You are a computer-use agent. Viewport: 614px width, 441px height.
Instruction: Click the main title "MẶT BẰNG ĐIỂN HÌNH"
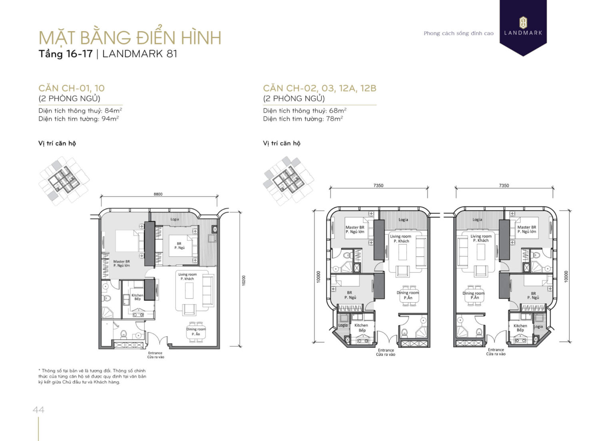[x=130, y=38]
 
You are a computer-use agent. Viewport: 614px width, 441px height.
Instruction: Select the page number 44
[x=38, y=409]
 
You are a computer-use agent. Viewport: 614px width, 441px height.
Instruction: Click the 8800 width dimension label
[x=158, y=194]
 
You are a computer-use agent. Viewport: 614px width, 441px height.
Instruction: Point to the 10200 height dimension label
[x=243, y=280]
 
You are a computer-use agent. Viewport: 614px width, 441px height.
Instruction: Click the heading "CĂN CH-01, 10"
[x=72, y=88]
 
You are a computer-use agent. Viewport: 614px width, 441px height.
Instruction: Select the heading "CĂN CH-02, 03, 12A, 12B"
[x=319, y=88]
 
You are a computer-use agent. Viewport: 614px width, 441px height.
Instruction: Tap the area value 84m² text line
[x=80, y=111]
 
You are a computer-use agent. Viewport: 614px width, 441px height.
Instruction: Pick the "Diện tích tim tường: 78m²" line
[x=303, y=119]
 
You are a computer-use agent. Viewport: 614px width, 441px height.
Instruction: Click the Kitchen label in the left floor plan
[x=137, y=297]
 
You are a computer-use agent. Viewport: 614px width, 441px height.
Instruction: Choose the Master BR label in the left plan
[x=122, y=263]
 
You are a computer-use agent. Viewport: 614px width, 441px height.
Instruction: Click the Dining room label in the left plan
[x=196, y=332]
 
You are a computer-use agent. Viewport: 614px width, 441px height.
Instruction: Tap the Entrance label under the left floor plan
[x=155, y=355]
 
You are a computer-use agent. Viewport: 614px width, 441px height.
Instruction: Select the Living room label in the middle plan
[x=401, y=238]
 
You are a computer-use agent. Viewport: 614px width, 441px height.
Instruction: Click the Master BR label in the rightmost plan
[x=526, y=229]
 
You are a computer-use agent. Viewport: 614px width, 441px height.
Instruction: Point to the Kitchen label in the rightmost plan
[x=520, y=328]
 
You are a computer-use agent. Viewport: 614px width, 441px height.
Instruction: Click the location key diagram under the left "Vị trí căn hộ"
[x=64, y=181]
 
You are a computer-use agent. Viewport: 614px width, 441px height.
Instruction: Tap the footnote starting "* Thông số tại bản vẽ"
[x=92, y=376]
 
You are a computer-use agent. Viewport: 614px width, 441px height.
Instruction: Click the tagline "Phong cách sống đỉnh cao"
[x=459, y=34]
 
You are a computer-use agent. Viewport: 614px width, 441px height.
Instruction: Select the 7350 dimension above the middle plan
[x=378, y=185]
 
